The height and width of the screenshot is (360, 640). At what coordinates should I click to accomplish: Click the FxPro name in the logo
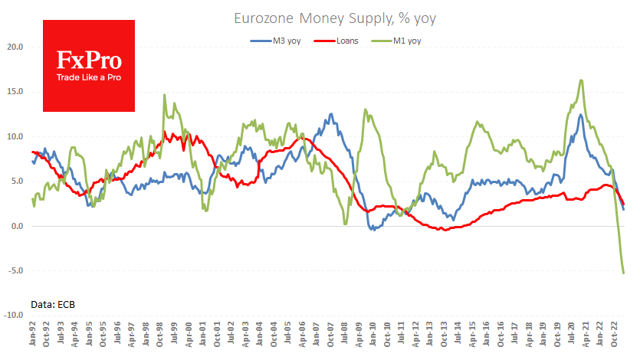(x=89, y=59)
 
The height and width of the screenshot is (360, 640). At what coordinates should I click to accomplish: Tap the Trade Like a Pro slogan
(x=89, y=77)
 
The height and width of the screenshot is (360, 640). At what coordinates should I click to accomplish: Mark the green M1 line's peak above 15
(x=582, y=80)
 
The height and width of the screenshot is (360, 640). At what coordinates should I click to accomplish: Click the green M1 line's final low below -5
(x=623, y=273)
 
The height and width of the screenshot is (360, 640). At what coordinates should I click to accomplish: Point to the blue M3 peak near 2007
(x=331, y=114)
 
